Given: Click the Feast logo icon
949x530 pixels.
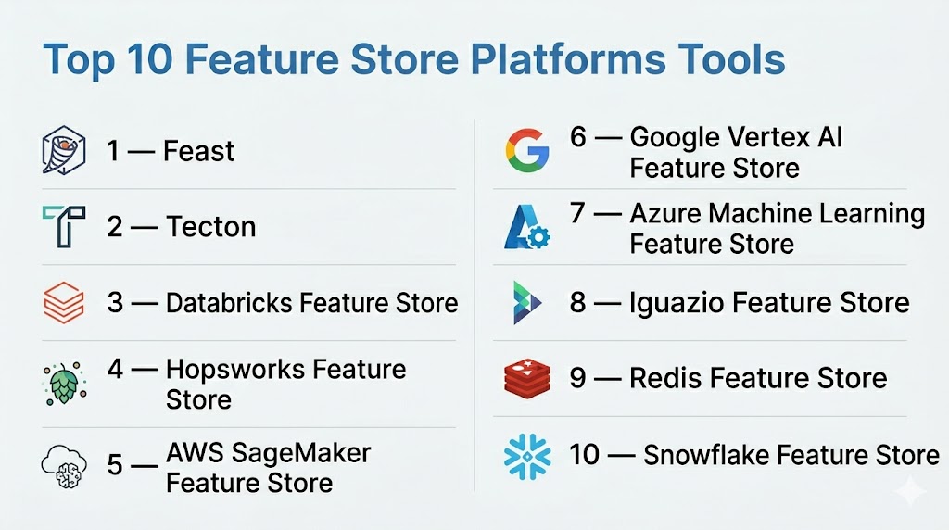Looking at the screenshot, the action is coord(64,151).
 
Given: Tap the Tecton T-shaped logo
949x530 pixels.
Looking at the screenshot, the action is coord(64,226).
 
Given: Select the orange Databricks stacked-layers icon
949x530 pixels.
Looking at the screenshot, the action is coord(64,302).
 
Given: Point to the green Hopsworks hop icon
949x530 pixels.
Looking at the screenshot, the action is coord(64,384).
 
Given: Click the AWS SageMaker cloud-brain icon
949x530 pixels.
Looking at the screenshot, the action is coord(64,466).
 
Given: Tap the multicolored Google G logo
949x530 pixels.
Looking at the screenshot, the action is coord(527,151).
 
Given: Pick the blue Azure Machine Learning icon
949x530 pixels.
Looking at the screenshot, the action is coord(526,227).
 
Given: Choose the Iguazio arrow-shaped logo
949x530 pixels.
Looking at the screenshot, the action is coord(526,302).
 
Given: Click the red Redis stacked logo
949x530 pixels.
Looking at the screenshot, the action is coord(527,378).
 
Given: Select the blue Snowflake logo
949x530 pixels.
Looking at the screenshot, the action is coord(527,456).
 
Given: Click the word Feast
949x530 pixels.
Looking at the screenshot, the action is coord(198,151).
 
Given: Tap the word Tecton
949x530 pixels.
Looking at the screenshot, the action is coord(211,227).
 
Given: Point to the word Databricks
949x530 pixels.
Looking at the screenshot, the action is coord(230,302).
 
